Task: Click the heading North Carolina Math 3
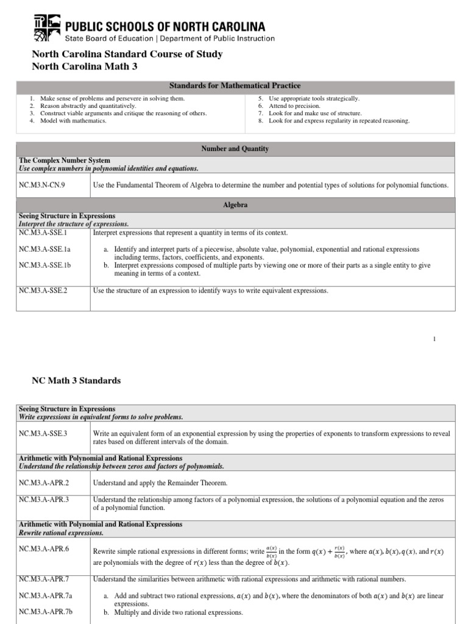click(85, 66)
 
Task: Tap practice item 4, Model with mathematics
click(73, 121)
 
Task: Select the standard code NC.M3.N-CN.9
click(42, 185)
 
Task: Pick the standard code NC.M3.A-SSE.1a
click(45, 249)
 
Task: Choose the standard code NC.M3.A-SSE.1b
click(45, 265)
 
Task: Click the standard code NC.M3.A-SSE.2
click(43, 291)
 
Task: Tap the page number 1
click(434, 339)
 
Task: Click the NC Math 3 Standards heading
click(76, 380)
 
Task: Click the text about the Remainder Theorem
click(160, 483)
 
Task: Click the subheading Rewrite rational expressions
click(61, 533)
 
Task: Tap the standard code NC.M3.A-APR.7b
click(45, 612)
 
